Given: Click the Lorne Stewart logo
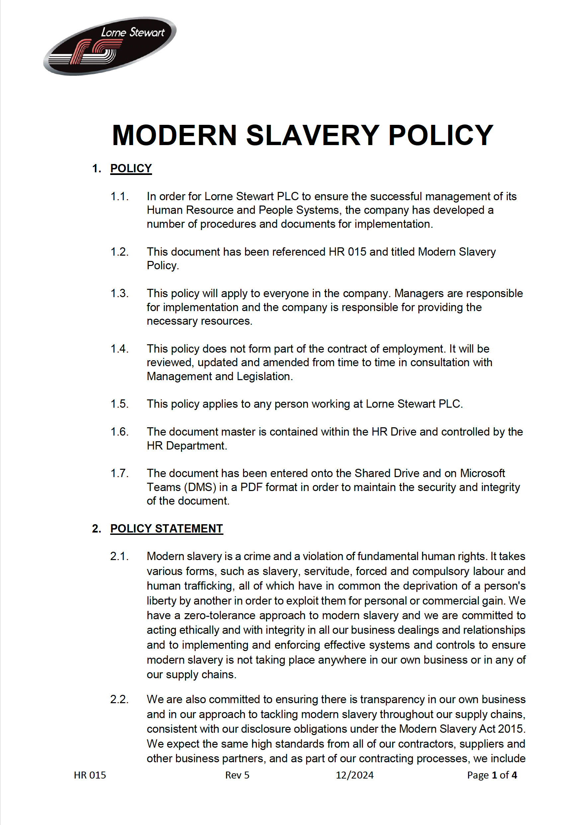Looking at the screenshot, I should coord(110,46).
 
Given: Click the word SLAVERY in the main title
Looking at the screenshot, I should coord(312,135).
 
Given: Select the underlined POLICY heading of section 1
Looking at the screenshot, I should coord(131,169).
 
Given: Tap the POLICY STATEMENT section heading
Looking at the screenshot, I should coord(166,529).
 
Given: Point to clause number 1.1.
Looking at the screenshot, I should coord(119,197).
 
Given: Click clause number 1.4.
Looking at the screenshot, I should coord(119,349).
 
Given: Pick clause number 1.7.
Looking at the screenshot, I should coord(119,473).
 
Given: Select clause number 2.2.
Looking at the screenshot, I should coord(119,700).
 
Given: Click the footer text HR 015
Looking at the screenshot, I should coord(90,775).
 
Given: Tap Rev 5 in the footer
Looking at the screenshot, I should coord(237,775).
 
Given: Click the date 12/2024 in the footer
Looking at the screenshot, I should coord(354,775).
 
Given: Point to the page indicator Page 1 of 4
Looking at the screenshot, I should coord(492,775).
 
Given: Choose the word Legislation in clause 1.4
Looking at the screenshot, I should coord(264,376).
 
